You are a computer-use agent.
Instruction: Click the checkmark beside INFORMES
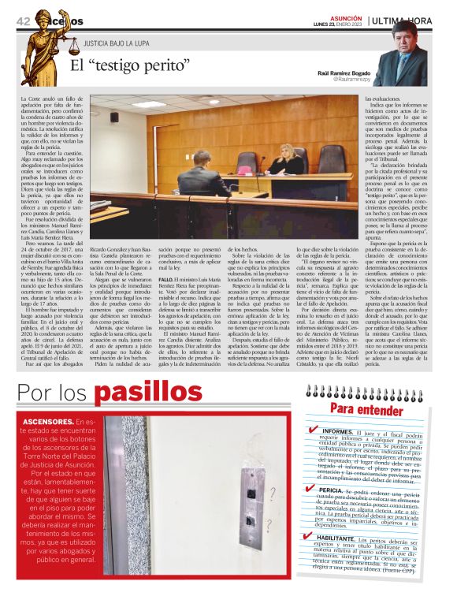314,430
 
